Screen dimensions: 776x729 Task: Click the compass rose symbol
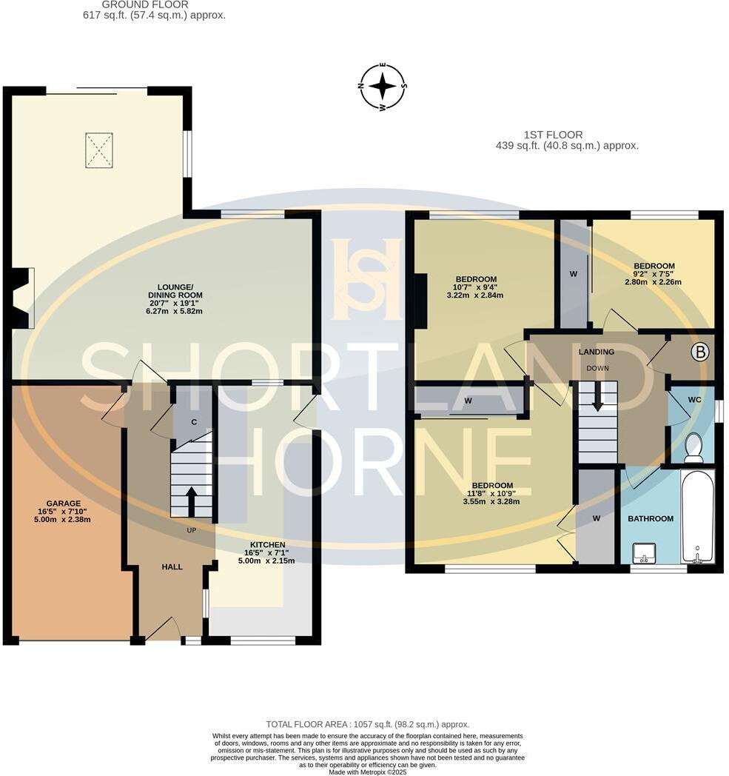[383, 87]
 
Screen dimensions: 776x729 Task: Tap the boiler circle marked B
[699, 352]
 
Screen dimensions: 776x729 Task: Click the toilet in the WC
[693, 448]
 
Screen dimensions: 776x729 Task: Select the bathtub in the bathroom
[696, 517]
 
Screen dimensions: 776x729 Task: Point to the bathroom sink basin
[643, 552]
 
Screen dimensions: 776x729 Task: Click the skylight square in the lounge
[99, 150]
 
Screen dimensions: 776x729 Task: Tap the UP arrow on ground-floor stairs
[191, 502]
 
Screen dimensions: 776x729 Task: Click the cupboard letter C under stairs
[192, 422]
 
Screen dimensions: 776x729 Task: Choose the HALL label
[172, 566]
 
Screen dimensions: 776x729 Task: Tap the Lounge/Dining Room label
[175, 291]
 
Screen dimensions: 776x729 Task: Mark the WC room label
[694, 400]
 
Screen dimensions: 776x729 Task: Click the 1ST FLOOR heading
[553, 135]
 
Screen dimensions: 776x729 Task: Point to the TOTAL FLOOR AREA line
[367, 724]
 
